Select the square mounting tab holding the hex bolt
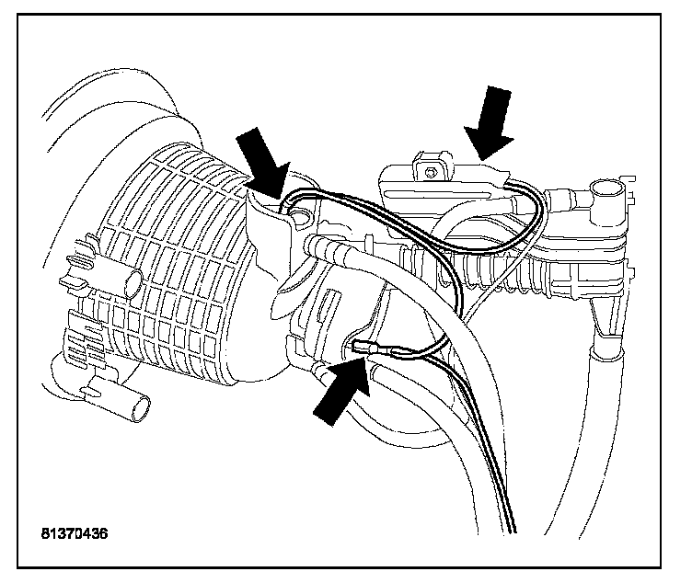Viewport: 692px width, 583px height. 433,166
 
